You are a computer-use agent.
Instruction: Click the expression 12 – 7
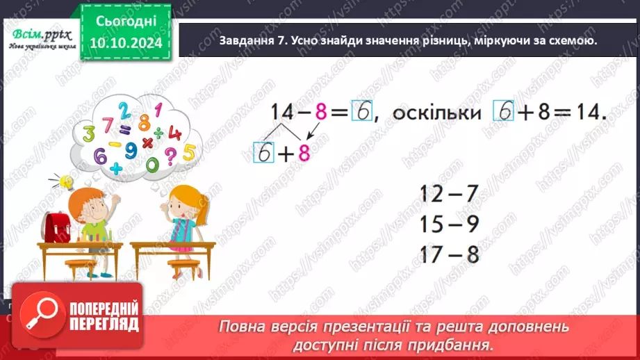[450, 193]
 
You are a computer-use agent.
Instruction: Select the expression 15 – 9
[450, 224]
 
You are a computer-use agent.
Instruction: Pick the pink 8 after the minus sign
[320, 113]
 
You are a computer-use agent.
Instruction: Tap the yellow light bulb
[67, 182]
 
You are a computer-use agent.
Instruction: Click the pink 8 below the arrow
[303, 153]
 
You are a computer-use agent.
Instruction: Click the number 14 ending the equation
[591, 113]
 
